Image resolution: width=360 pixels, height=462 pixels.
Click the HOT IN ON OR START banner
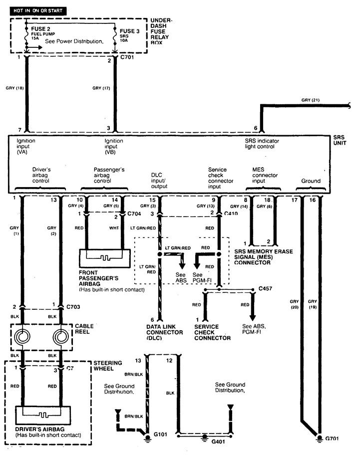(38, 11)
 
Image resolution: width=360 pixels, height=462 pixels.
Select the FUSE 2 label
(40, 29)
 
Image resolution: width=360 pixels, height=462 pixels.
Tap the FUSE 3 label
(129, 31)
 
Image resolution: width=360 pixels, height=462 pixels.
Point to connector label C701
(127, 57)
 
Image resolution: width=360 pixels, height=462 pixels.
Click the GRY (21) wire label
(310, 100)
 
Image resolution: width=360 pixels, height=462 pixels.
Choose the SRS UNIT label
(340, 140)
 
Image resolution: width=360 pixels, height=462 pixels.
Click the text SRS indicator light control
(262, 144)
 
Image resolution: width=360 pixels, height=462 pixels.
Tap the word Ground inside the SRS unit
(311, 181)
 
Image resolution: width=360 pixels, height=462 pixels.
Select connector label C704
(134, 214)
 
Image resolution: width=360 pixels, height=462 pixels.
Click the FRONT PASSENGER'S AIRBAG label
(98, 278)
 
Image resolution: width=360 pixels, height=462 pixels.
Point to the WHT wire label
(114, 228)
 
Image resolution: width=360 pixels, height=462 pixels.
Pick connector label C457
(265, 288)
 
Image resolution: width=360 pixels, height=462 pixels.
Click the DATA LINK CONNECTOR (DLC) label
(164, 332)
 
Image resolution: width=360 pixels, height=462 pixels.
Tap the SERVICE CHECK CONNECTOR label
(212, 332)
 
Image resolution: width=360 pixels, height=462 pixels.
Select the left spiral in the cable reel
(22, 336)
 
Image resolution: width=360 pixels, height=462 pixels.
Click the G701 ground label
(332, 439)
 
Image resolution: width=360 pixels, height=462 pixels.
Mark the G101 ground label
(160, 434)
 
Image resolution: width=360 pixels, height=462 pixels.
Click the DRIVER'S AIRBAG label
(40, 429)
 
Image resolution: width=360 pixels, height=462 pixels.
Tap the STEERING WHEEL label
(108, 366)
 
